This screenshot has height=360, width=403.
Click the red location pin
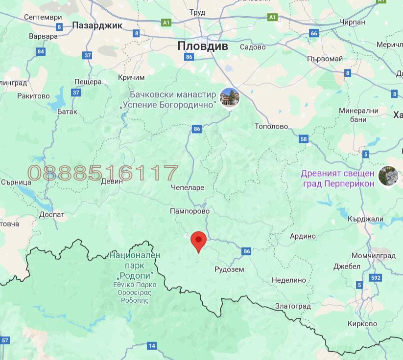click(198, 241)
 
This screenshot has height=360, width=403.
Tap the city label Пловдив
click(203, 46)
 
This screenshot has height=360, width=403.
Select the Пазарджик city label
click(97, 25)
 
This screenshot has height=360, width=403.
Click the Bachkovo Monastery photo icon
click(230, 97)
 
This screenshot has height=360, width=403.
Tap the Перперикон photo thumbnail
click(387, 176)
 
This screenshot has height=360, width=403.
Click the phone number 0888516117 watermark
click(103, 173)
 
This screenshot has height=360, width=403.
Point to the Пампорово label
click(190, 211)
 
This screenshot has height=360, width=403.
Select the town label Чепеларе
click(188, 187)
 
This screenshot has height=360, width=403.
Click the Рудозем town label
click(229, 270)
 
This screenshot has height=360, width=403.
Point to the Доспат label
click(52, 214)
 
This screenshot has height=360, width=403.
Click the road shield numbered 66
click(314, 33)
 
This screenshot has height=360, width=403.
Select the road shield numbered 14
click(151, 346)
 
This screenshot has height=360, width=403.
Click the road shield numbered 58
click(304, 139)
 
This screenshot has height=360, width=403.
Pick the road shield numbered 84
click(41, 51)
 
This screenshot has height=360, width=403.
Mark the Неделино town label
click(289, 280)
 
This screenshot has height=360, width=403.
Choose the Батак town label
click(67, 112)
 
